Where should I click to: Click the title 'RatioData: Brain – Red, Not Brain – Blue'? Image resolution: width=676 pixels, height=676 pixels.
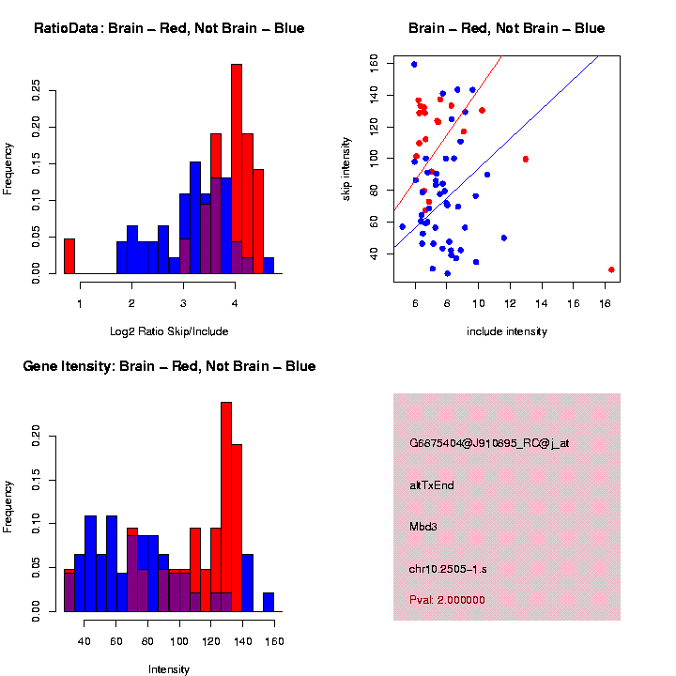(x=169, y=28)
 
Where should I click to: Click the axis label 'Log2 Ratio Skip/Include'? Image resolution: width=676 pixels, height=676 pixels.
(x=169, y=331)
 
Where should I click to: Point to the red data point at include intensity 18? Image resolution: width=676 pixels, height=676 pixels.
(x=611, y=269)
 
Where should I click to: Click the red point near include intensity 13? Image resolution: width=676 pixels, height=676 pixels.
(x=526, y=159)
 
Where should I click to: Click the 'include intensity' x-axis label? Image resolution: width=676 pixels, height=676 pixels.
(x=507, y=331)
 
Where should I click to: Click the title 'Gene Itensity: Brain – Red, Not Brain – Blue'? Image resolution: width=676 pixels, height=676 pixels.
(x=169, y=366)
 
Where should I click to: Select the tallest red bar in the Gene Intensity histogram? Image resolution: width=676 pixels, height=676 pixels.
(x=225, y=507)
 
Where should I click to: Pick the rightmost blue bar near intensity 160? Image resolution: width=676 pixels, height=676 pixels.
(x=269, y=602)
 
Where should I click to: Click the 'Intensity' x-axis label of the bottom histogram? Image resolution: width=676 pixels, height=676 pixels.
(x=169, y=669)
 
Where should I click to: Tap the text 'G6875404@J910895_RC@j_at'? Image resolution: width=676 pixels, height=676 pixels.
(x=489, y=443)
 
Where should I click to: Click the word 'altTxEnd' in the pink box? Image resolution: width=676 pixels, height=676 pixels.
(x=432, y=485)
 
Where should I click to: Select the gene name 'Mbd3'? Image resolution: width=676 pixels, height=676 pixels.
(x=423, y=527)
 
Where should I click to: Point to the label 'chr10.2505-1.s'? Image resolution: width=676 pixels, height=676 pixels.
(x=445, y=568)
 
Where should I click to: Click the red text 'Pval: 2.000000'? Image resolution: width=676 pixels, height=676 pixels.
(x=447, y=600)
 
